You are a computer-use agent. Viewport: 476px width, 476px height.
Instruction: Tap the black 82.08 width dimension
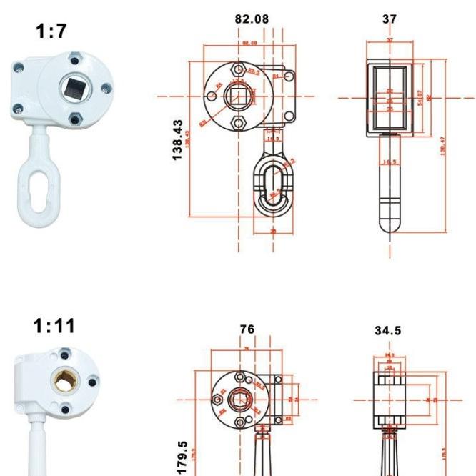pos(252,19)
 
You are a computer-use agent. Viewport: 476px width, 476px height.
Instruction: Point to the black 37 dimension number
pos(389,19)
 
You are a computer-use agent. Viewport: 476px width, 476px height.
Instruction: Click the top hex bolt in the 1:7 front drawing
pos(238,69)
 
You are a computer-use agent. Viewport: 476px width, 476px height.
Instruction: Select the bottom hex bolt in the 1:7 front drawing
pos(238,123)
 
